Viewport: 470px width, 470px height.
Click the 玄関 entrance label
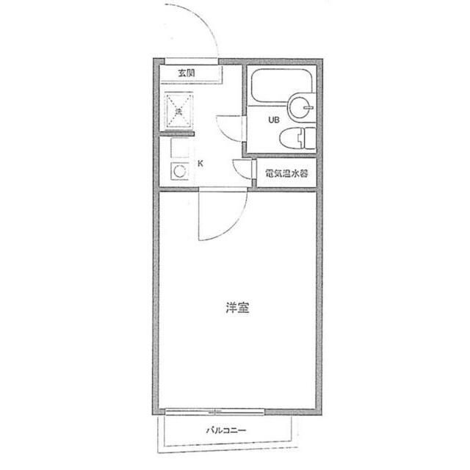click(x=186, y=73)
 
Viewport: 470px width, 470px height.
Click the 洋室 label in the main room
click(x=237, y=308)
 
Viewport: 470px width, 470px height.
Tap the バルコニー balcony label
click(x=225, y=431)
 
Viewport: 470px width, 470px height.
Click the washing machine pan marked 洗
click(x=179, y=112)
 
